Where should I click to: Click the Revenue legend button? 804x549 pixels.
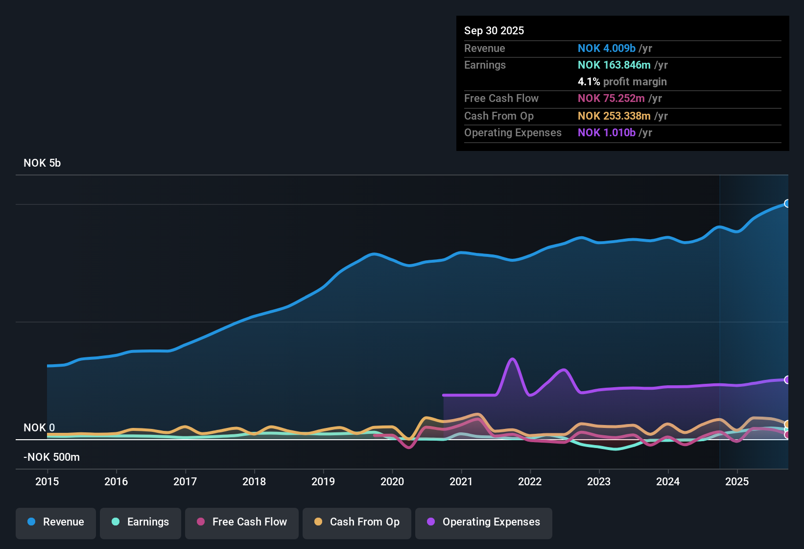point(56,523)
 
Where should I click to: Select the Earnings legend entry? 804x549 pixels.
point(141,523)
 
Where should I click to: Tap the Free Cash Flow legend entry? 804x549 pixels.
point(242,523)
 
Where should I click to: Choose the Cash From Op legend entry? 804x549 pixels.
point(357,523)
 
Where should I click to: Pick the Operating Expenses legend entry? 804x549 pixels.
point(484,523)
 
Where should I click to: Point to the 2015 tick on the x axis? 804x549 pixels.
point(47,481)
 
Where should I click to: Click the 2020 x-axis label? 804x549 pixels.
point(392,481)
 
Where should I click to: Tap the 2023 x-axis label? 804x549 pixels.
point(599,481)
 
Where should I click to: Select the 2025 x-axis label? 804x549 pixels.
point(737,481)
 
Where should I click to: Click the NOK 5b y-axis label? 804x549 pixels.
point(42,163)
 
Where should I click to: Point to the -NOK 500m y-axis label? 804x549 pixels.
point(51,457)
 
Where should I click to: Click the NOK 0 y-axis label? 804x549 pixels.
point(39,428)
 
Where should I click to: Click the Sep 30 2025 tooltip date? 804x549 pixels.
point(494,31)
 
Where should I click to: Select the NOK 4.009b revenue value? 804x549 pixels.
point(606,49)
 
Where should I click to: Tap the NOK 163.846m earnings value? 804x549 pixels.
point(614,65)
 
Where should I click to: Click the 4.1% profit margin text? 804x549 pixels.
point(622,82)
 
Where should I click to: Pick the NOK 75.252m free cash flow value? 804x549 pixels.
point(611,99)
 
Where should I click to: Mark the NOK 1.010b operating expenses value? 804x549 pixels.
point(606,133)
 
